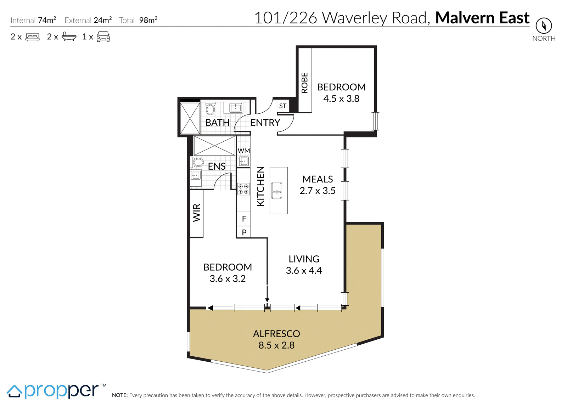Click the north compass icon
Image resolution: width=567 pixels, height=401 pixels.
(x=544, y=26)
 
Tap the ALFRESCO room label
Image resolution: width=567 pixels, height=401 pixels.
(x=276, y=334)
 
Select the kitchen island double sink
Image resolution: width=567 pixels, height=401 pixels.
(x=277, y=191)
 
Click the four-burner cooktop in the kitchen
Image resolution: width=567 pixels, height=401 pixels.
(x=243, y=189)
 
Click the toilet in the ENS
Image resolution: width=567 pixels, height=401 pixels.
(x=198, y=162)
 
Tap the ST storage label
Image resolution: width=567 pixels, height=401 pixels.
(x=283, y=106)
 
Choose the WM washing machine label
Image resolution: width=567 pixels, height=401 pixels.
(x=244, y=151)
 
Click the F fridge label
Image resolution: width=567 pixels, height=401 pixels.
(x=244, y=219)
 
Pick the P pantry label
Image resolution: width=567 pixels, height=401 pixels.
(x=244, y=232)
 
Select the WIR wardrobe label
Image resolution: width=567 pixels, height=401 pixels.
(x=197, y=213)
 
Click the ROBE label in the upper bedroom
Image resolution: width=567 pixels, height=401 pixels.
(x=304, y=83)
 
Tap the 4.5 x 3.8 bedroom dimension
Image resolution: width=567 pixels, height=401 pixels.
(x=341, y=99)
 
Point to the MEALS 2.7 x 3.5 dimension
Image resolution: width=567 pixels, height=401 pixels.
(x=318, y=191)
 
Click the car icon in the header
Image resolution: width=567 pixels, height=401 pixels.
(x=103, y=37)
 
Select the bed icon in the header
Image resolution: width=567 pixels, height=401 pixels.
(x=33, y=37)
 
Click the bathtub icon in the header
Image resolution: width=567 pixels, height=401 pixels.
(x=69, y=36)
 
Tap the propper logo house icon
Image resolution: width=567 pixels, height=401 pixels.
(x=15, y=392)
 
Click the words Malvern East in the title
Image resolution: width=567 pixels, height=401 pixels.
(x=482, y=18)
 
